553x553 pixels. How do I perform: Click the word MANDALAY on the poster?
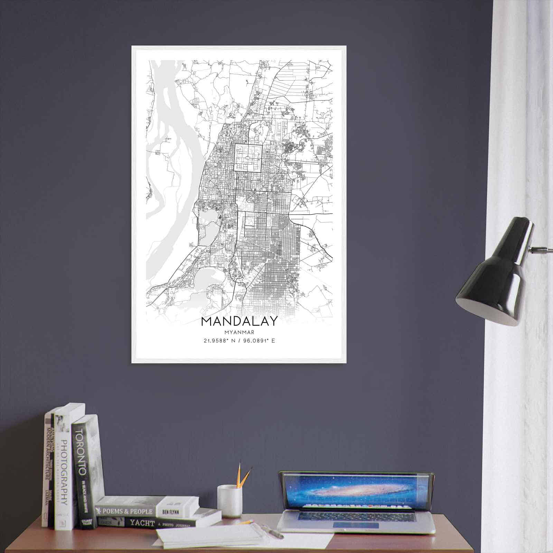pos(239,321)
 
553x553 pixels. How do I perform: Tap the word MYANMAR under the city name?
pos(239,332)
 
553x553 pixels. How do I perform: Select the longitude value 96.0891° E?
pos(256,341)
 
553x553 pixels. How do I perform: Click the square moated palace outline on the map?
pos(248,158)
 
